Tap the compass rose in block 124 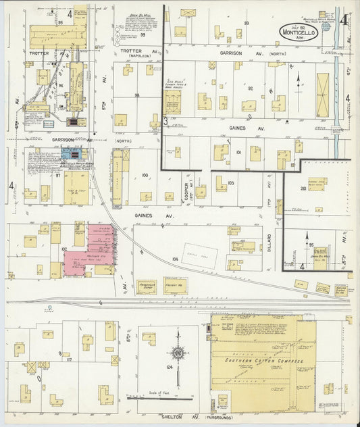178,353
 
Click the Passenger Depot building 147,287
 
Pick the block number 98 137,95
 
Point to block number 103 230,183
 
